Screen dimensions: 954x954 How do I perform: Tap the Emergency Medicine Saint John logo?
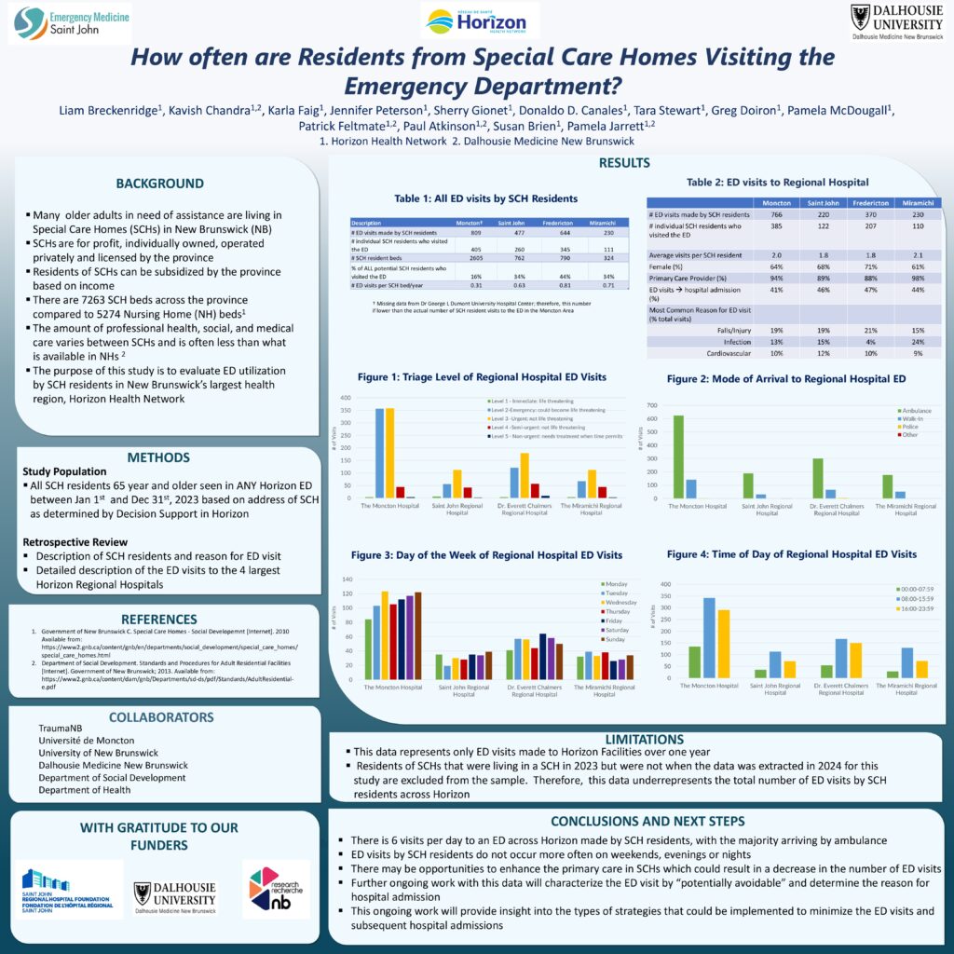(x=70, y=22)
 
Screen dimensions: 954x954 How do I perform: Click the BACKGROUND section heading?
(x=159, y=184)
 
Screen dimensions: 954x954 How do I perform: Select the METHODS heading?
(x=159, y=457)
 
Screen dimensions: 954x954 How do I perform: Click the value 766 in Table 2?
(x=770, y=215)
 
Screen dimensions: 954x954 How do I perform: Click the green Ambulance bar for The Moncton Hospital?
(x=678, y=457)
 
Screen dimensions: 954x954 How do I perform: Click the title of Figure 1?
(x=482, y=377)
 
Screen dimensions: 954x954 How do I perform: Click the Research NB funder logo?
(x=276, y=889)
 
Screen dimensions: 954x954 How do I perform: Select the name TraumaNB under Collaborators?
(x=61, y=728)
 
